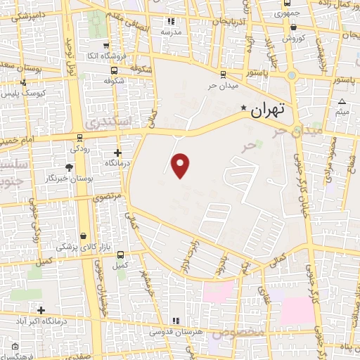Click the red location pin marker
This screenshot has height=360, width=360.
pyautogui.click(x=181, y=165)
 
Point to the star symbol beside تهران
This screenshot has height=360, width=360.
pyautogui.click(x=244, y=108)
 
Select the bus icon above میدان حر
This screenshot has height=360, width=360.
pyautogui.click(x=223, y=74)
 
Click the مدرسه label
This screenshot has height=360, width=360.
pyautogui.click(x=171, y=32)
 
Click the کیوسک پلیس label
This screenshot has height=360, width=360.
pyautogui.click(x=25, y=93)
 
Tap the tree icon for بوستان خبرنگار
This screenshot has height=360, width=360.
pyautogui.click(x=68, y=167)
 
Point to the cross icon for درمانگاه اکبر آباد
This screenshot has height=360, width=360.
pyautogui.click(x=41, y=310)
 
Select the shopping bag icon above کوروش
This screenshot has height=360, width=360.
pyautogui.click(x=293, y=27)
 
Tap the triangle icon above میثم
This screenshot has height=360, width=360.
pyautogui.click(x=342, y=101)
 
